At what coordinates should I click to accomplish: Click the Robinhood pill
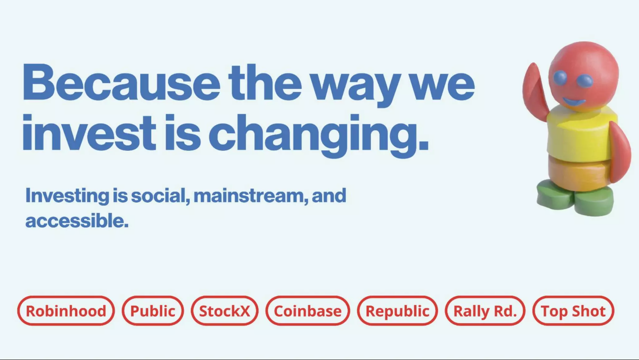tap(66, 310)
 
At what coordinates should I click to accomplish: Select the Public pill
tap(153, 310)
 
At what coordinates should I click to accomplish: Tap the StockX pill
tap(225, 310)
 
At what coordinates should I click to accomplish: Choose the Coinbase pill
tap(307, 310)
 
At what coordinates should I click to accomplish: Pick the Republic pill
tap(397, 310)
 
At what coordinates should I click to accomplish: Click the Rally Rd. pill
tap(485, 310)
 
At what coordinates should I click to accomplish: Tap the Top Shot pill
tap(573, 310)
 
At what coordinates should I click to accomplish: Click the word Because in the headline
tap(121, 82)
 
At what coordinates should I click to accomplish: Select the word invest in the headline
tap(89, 133)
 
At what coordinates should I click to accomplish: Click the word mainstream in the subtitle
tap(251, 196)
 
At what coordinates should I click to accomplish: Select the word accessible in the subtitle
tap(77, 221)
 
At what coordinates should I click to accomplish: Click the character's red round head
tap(584, 75)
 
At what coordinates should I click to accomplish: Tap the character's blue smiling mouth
tap(574, 102)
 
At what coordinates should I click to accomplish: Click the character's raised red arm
tap(534, 91)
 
